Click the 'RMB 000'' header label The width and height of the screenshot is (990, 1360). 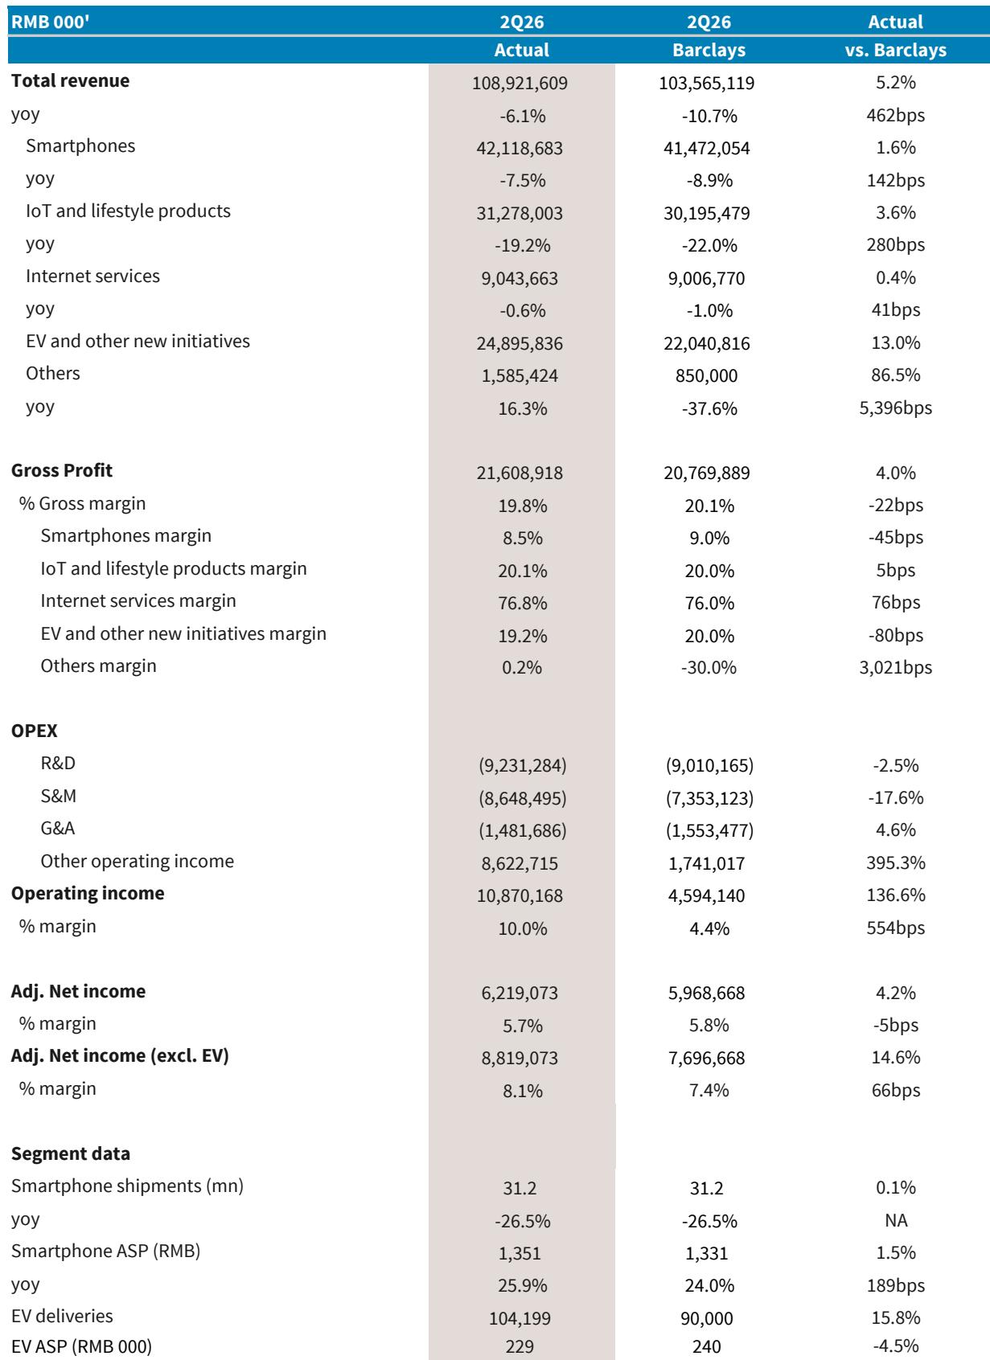(x=51, y=22)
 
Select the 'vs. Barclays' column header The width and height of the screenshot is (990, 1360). (x=895, y=50)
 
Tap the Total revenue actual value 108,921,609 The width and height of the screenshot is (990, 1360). (x=520, y=83)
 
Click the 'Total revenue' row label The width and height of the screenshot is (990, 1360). (x=71, y=80)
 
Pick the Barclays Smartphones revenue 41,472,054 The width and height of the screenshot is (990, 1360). (x=706, y=148)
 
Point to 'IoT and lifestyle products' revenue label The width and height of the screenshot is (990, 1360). (x=128, y=211)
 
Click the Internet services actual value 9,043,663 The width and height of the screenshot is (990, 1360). (x=520, y=278)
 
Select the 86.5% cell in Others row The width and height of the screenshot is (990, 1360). (x=895, y=375)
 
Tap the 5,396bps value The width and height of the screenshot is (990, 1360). (x=895, y=408)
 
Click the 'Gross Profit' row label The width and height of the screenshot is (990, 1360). (x=62, y=470)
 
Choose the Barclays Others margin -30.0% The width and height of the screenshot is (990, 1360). (x=709, y=667)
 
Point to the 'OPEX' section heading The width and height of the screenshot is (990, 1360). (x=35, y=731)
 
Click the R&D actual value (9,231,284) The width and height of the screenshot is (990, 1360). (x=522, y=765)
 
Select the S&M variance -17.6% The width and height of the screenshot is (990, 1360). (x=895, y=797)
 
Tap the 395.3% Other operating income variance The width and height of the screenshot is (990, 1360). (x=895, y=862)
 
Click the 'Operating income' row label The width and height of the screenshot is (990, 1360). (x=88, y=893)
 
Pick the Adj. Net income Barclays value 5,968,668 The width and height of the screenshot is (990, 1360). (x=706, y=993)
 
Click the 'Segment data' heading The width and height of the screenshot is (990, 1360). (x=71, y=1153)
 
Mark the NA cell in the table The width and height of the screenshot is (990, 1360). (x=895, y=1220)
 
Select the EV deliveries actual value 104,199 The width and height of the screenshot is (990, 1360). (x=520, y=1318)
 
